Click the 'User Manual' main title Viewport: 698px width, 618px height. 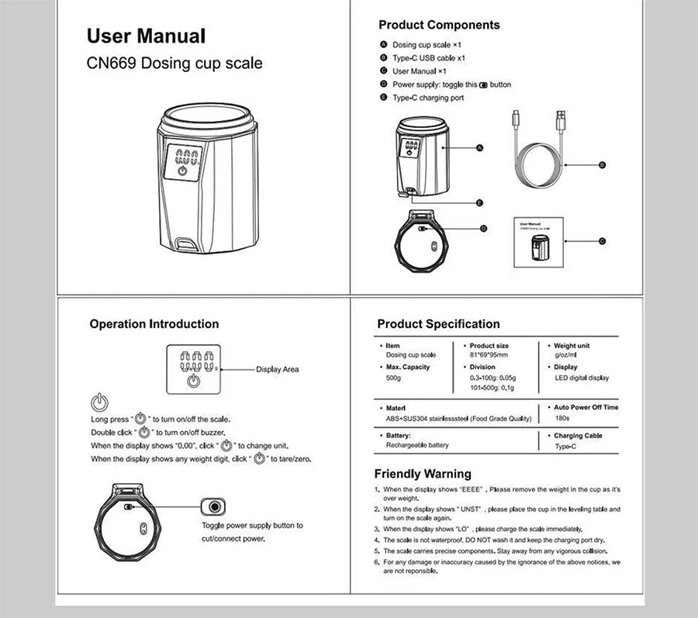(x=146, y=36)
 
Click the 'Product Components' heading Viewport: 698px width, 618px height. (x=439, y=25)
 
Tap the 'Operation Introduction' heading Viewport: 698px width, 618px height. (x=154, y=324)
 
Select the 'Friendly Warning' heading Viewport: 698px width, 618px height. (x=423, y=474)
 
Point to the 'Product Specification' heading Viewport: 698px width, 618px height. (x=438, y=324)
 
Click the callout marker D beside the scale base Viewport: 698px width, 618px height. (x=483, y=229)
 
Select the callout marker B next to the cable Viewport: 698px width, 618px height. (x=602, y=165)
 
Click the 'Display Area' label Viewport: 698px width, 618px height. (x=277, y=370)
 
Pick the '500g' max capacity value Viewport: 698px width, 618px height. (x=394, y=378)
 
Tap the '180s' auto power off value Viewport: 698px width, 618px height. (x=563, y=419)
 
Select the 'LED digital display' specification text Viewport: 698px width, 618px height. (x=582, y=378)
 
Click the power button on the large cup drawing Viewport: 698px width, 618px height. (x=182, y=171)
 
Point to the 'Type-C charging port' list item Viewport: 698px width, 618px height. (x=427, y=98)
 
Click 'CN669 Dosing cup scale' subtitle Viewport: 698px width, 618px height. (x=174, y=64)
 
